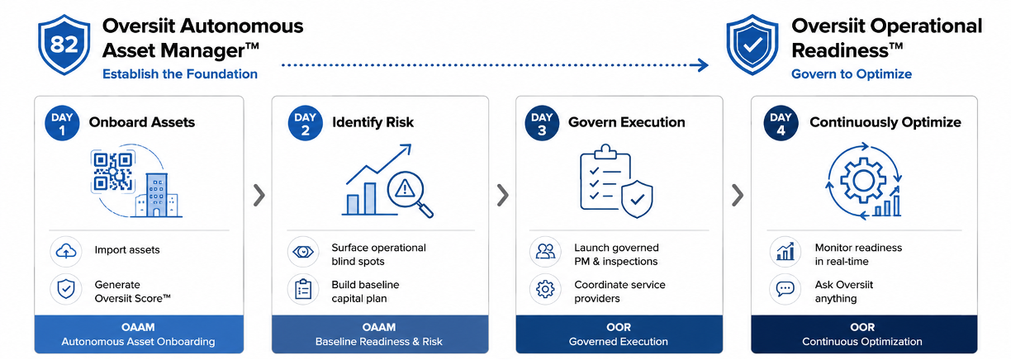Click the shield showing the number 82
64,45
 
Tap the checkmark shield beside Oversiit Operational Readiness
752,45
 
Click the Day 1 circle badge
62,123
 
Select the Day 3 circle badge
542,123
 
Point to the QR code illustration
112,172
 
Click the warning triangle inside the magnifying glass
405,188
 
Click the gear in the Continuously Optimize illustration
863,181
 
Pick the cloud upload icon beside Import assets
66,251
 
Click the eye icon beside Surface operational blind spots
303,251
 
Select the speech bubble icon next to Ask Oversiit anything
786,289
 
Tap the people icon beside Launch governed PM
545,251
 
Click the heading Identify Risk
373,122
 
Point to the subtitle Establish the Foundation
180,74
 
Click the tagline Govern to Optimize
852,74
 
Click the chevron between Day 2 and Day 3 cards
502,196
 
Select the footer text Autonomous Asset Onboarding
138,342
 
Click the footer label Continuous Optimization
862,342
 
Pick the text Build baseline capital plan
365,291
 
